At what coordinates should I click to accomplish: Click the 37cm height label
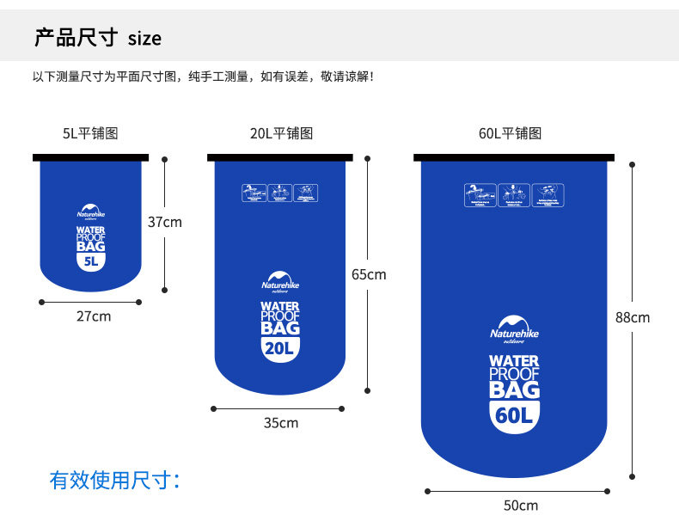(164, 222)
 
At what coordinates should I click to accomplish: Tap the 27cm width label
(94, 316)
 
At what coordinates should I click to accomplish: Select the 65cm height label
(369, 274)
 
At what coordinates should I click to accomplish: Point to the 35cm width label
(280, 423)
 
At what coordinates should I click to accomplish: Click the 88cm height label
(633, 317)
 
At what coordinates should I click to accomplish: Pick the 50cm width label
(520, 505)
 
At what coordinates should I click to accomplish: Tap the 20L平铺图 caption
(281, 133)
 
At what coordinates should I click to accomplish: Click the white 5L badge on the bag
(90, 262)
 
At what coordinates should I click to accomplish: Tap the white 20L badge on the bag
(279, 348)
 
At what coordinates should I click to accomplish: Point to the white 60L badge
(514, 416)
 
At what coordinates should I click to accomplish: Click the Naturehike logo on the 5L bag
(90, 212)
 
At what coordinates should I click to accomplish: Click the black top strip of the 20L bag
(280, 157)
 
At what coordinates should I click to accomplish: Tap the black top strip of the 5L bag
(90, 157)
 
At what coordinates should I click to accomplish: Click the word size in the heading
(144, 39)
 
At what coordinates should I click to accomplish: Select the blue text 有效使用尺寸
(115, 480)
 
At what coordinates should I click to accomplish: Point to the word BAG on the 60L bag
(514, 389)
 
